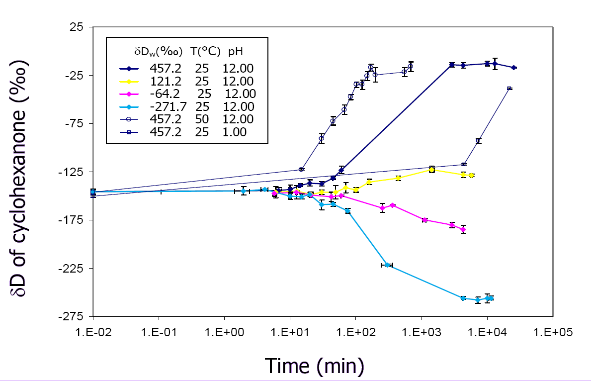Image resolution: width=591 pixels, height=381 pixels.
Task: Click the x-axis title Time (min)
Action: coord(315,366)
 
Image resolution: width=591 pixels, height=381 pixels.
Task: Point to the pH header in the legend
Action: coord(235,51)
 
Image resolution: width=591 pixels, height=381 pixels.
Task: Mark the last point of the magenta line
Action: coord(463,229)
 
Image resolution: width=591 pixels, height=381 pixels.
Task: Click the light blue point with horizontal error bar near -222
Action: coord(387,265)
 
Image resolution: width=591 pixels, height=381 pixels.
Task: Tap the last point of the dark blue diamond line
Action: coord(514,68)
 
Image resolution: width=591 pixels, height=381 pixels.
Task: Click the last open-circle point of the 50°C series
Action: coord(411,67)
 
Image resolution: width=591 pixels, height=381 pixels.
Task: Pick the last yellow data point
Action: coord(471,176)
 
